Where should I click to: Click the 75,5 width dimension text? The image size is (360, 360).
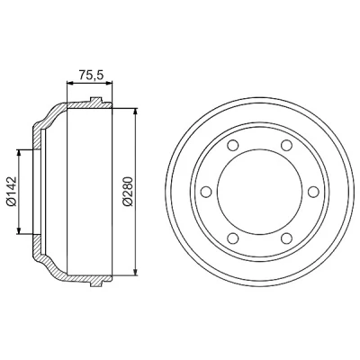(x=91, y=75)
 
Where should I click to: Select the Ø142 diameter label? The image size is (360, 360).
(x=13, y=192)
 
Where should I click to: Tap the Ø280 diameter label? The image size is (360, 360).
(x=128, y=192)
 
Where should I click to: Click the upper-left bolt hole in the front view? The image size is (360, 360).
(x=233, y=146)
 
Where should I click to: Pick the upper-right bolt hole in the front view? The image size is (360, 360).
(x=286, y=146)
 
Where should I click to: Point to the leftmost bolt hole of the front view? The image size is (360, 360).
(x=206, y=192)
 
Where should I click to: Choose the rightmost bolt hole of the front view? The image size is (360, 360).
(x=313, y=192)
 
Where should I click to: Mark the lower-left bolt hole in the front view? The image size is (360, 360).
(x=233, y=238)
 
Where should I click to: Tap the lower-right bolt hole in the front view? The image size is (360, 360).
(x=286, y=238)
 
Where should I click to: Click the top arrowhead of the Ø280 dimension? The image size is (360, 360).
(x=136, y=112)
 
